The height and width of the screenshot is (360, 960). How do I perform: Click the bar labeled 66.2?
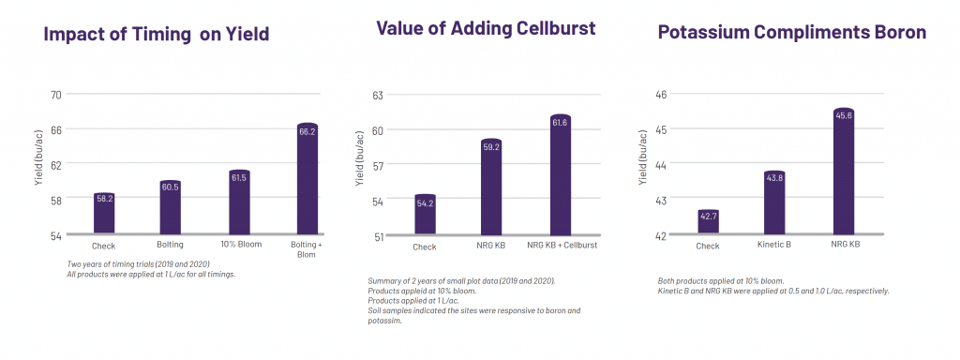307,178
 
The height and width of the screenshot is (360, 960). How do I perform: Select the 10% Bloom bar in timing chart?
239,202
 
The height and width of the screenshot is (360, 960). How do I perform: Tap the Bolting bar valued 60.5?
171,207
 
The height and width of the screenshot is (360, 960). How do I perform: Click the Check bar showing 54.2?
425,215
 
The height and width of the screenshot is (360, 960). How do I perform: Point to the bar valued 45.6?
844,172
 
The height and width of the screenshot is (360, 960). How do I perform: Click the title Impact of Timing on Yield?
157,34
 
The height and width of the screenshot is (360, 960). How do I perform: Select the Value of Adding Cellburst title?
486,27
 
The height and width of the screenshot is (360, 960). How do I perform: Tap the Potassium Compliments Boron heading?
791,32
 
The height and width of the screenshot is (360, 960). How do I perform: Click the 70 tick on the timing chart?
56,95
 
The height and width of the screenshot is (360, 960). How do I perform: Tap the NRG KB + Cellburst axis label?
562,246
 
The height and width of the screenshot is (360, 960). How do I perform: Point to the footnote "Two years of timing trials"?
139,263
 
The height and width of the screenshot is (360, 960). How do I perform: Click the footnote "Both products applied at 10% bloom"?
726,281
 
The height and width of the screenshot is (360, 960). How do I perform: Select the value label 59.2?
491,147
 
